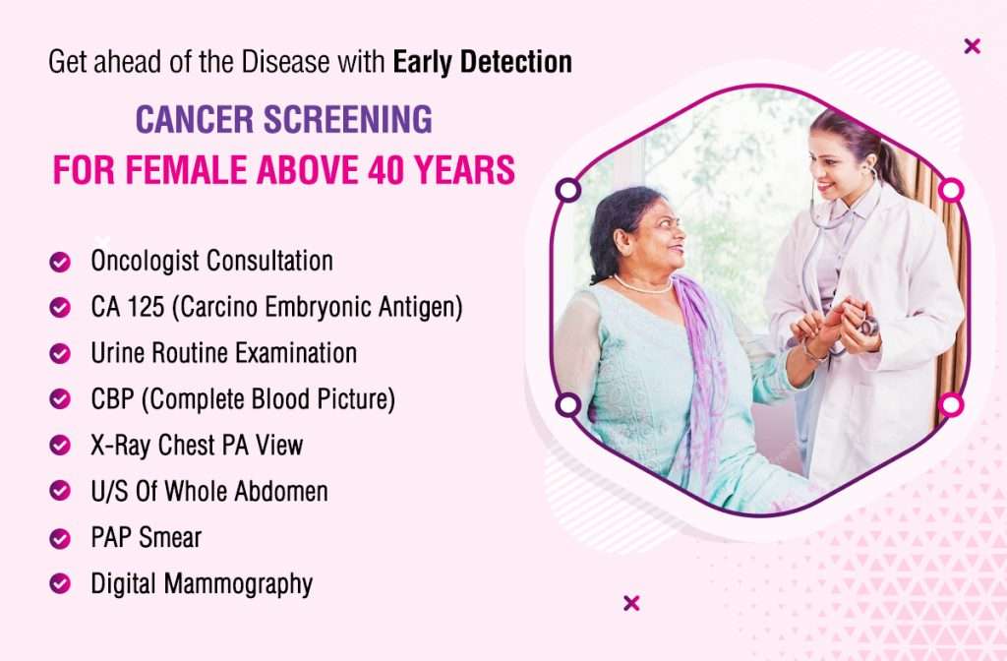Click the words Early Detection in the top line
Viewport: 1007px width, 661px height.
coord(482,62)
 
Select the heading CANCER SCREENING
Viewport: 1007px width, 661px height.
coord(284,119)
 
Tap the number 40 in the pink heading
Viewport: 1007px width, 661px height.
coord(385,169)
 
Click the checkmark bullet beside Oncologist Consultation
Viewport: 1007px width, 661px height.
coord(60,262)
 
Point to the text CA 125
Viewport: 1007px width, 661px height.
coord(127,307)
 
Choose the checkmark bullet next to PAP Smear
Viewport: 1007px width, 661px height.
coord(60,538)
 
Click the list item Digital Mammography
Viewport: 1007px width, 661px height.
coord(202,584)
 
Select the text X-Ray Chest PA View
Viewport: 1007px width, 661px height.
coord(197,446)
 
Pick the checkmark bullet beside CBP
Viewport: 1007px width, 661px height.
coord(60,399)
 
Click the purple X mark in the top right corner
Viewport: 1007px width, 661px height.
coord(973,46)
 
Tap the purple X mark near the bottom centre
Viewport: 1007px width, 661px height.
coord(631,603)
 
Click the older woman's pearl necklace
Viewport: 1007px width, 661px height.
coord(641,286)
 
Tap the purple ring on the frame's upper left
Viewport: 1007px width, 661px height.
coord(567,190)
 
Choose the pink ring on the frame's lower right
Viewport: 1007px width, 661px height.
coord(951,405)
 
